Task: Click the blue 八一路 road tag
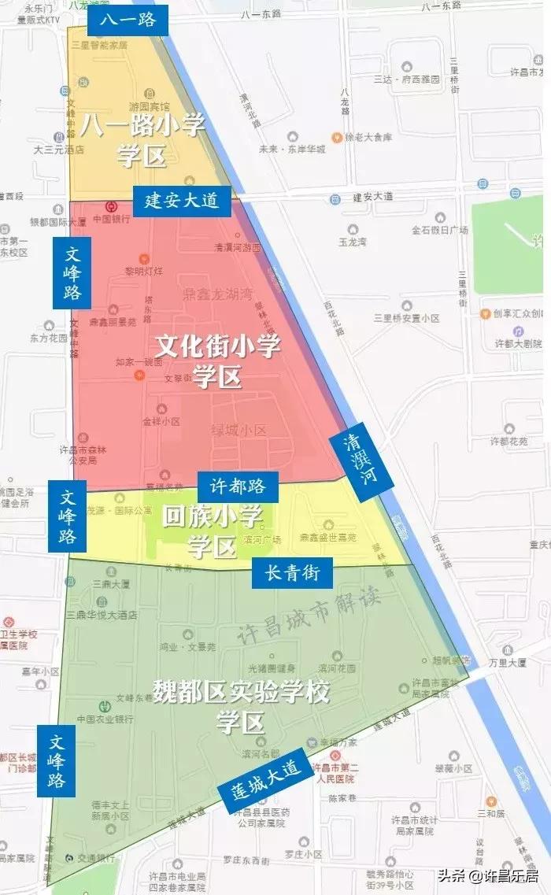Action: (128, 20)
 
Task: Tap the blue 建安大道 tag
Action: (181, 201)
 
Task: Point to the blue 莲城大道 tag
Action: (265, 780)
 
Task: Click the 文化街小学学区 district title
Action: (218, 361)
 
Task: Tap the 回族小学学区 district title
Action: (212, 531)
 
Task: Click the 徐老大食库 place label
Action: (368, 137)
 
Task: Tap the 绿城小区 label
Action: (239, 430)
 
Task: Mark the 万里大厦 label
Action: (506, 663)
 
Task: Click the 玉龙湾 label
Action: (352, 242)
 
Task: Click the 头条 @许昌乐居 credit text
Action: (487, 875)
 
